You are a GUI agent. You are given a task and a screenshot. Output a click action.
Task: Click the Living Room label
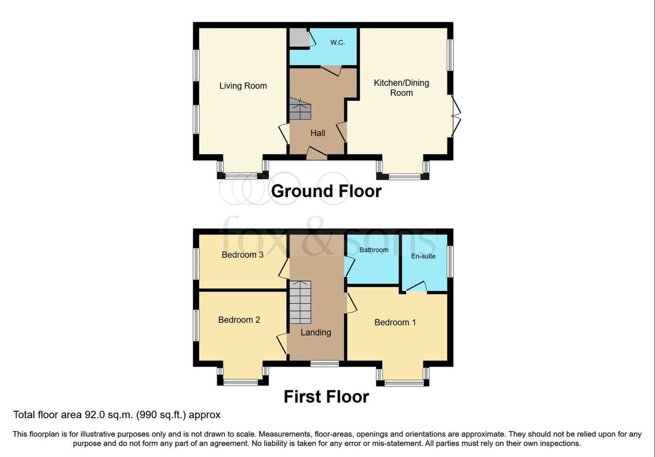click(x=243, y=86)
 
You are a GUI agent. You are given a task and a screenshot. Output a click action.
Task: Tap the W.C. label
click(x=337, y=43)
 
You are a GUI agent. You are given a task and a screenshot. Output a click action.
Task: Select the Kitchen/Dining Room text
click(x=401, y=88)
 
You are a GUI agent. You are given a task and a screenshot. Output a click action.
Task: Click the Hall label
click(x=318, y=133)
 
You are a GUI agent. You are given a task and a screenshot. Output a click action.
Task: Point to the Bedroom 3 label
click(x=242, y=255)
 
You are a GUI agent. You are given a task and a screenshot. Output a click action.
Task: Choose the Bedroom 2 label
click(x=239, y=320)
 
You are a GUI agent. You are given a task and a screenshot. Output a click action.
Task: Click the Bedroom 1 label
click(x=395, y=322)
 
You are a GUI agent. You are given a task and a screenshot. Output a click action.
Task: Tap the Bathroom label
click(x=373, y=250)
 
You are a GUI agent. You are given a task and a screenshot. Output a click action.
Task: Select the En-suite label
click(x=423, y=256)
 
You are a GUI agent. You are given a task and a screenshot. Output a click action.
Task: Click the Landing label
click(x=316, y=333)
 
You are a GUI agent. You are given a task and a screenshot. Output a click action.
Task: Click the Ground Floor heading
click(x=326, y=191)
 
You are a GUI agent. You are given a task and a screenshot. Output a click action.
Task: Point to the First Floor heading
click(x=326, y=397)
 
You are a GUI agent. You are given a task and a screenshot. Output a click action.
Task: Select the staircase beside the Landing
click(x=300, y=302)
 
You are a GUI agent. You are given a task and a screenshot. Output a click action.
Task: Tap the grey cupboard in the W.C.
click(x=299, y=38)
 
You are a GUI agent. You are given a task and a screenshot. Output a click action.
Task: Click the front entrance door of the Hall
click(x=317, y=154)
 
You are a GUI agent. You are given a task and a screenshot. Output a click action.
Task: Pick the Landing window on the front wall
click(x=325, y=363)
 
